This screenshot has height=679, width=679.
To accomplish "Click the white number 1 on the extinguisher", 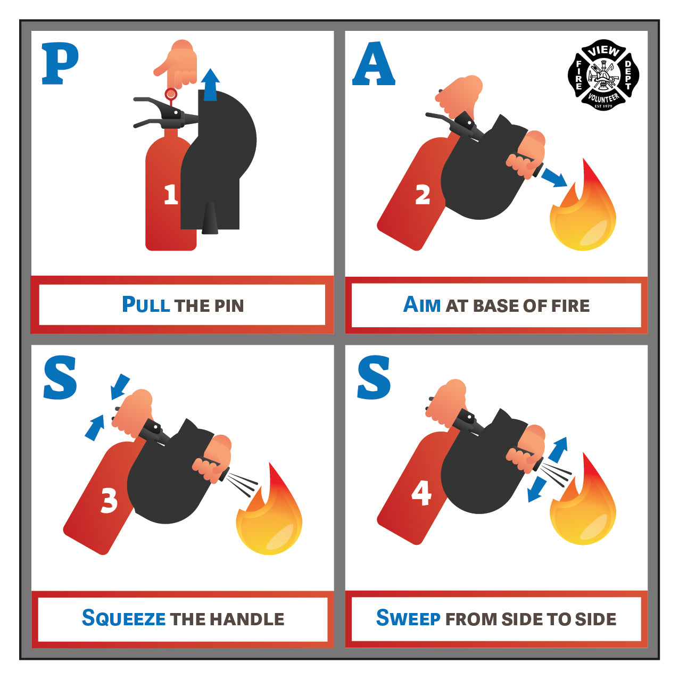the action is click(x=171, y=195).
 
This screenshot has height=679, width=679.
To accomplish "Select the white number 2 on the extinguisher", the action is click(x=423, y=194).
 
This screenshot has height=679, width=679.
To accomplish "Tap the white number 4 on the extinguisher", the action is click(x=421, y=493).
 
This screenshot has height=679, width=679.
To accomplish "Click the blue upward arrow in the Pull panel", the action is click(x=210, y=85).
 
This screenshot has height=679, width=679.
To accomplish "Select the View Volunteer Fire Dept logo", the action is click(x=603, y=74).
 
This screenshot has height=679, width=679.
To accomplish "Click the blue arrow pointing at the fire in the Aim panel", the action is click(x=554, y=177).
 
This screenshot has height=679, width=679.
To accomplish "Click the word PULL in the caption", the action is click(x=146, y=305).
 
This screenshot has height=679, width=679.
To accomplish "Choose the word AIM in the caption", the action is click(x=421, y=305).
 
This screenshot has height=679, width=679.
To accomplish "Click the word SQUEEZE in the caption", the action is click(x=123, y=618).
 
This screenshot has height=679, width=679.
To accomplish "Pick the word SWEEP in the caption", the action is click(x=408, y=618).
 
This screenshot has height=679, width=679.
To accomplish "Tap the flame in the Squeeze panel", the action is click(x=269, y=509).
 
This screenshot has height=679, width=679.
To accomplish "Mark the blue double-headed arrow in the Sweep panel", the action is click(x=548, y=469).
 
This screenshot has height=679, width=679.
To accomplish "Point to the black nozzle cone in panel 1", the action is click(x=210, y=219).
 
